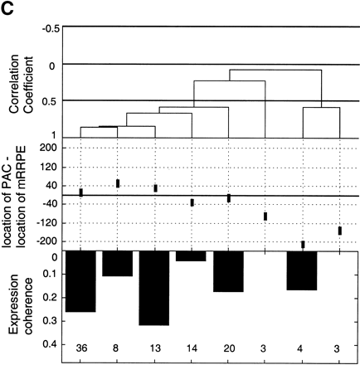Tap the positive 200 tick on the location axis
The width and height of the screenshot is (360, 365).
click(x=46, y=147)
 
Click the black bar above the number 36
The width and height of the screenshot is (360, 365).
click(x=80, y=282)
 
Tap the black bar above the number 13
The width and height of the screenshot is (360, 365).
click(x=154, y=289)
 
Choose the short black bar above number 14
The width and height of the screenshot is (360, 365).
click(x=191, y=256)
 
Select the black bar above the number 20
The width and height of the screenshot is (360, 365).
click(x=228, y=272)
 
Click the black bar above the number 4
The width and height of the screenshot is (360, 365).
click(x=302, y=271)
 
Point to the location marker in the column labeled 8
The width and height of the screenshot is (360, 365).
click(x=118, y=183)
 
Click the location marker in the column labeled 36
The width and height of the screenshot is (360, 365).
click(x=80, y=192)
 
